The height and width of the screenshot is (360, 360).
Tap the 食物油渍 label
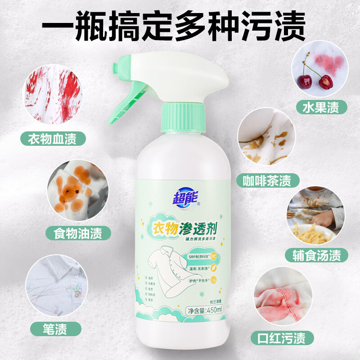[73, 233]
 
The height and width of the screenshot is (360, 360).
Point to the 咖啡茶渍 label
[271, 180]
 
